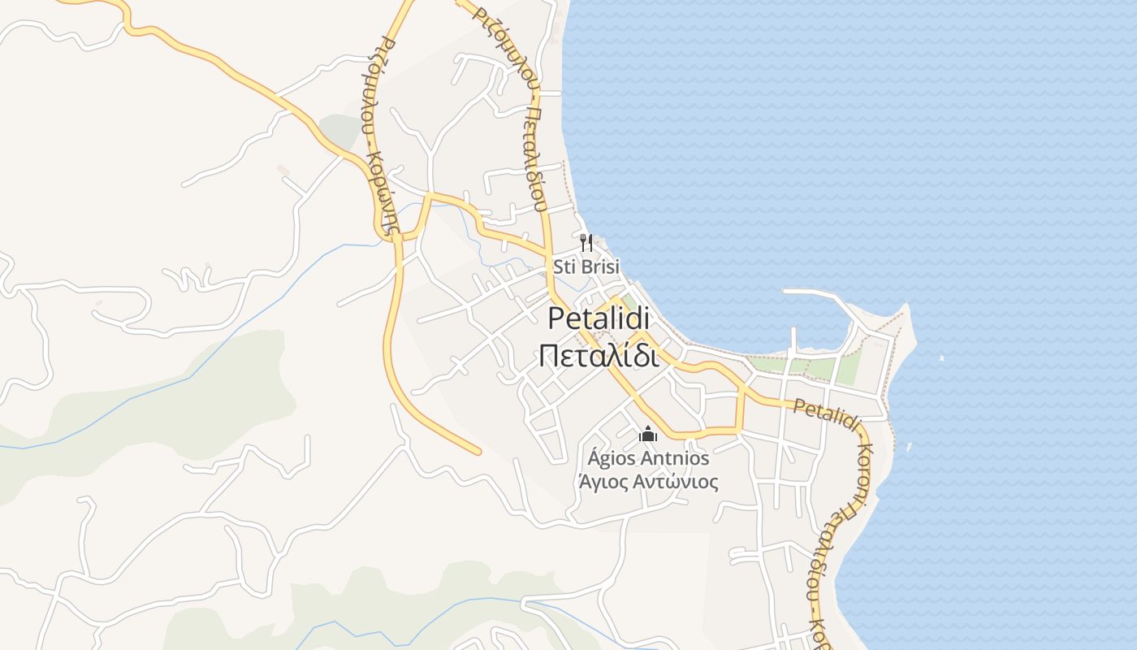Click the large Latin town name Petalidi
click(x=599, y=318)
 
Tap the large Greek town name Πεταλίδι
click(x=599, y=355)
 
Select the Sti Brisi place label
click(x=586, y=266)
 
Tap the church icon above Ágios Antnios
click(x=648, y=435)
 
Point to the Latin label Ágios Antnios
click(x=648, y=458)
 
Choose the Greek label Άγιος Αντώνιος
click(x=648, y=482)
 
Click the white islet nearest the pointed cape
click(x=941, y=357)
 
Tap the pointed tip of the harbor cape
click(x=905, y=307)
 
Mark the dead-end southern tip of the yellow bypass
click(x=478, y=451)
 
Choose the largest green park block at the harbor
click(x=848, y=370)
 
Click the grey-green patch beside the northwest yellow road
click(x=339, y=128)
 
